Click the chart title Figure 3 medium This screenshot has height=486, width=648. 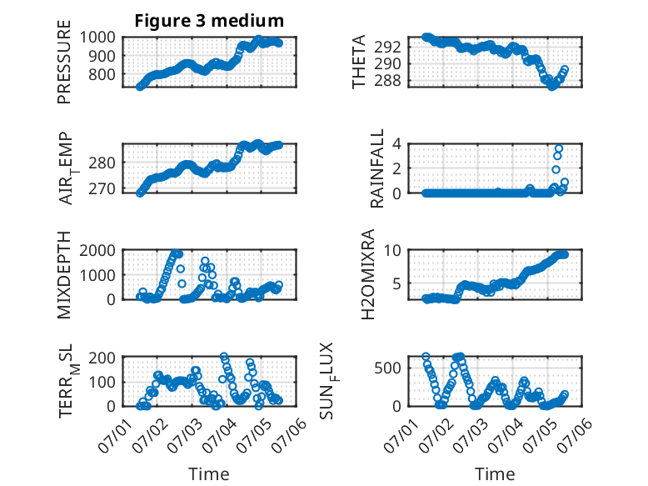tap(209, 21)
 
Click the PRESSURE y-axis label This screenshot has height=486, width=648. tap(64, 62)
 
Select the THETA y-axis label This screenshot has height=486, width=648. tap(359, 62)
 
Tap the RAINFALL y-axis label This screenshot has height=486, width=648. tap(377, 168)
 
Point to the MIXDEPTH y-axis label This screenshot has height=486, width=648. tap(64, 274)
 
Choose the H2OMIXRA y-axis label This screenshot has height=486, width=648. tap(367, 274)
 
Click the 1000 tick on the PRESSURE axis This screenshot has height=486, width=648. tap(97, 38)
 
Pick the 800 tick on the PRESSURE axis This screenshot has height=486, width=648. tap(102, 74)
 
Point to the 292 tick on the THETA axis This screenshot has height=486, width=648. tap(388, 47)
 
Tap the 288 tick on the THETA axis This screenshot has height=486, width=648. tap(388, 80)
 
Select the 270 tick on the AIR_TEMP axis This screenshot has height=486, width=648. tap(102, 188)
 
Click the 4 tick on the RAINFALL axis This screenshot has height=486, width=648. tap(397, 143)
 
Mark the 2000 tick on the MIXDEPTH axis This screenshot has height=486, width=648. tap(97, 250)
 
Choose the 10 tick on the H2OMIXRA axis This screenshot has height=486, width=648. tap(392, 250)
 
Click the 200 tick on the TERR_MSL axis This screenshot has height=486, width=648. tap(102, 358)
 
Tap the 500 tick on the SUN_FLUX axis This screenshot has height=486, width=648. tap(388, 368)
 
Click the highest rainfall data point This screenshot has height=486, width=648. tap(559, 148)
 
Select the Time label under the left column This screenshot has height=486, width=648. tap(209, 473)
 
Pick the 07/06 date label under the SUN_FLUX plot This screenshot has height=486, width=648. tap(576, 434)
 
